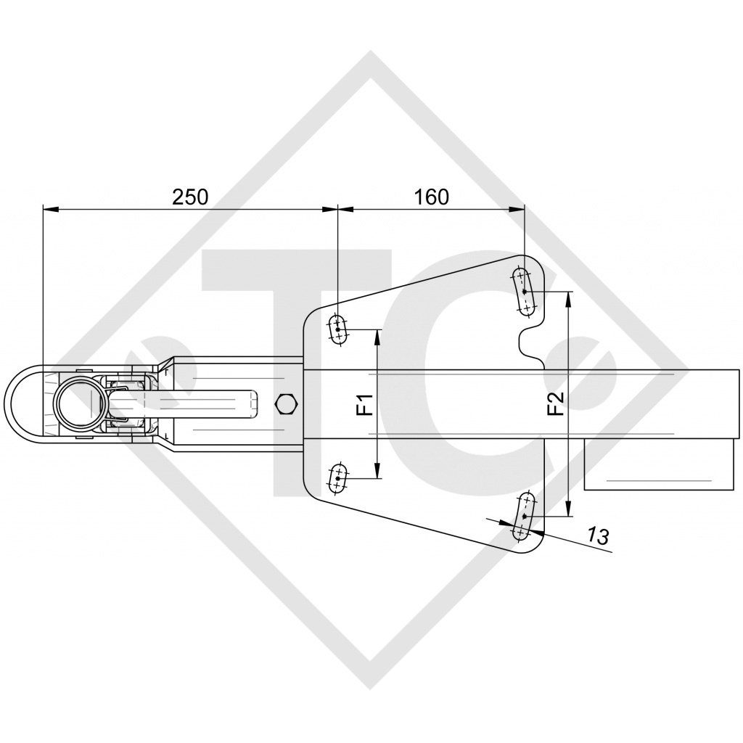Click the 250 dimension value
click(x=189, y=197)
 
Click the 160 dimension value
click(x=431, y=197)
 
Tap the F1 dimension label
click(x=365, y=404)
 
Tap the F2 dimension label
click(x=556, y=404)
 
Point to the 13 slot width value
click(x=597, y=537)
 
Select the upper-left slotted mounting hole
click(x=339, y=330)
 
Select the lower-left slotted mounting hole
click(x=339, y=479)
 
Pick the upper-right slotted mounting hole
click(x=523, y=291)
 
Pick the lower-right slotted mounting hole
click(x=523, y=516)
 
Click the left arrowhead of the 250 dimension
click(x=48, y=210)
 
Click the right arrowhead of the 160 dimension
click(x=519, y=210)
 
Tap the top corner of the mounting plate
click(x=524, y=257)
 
